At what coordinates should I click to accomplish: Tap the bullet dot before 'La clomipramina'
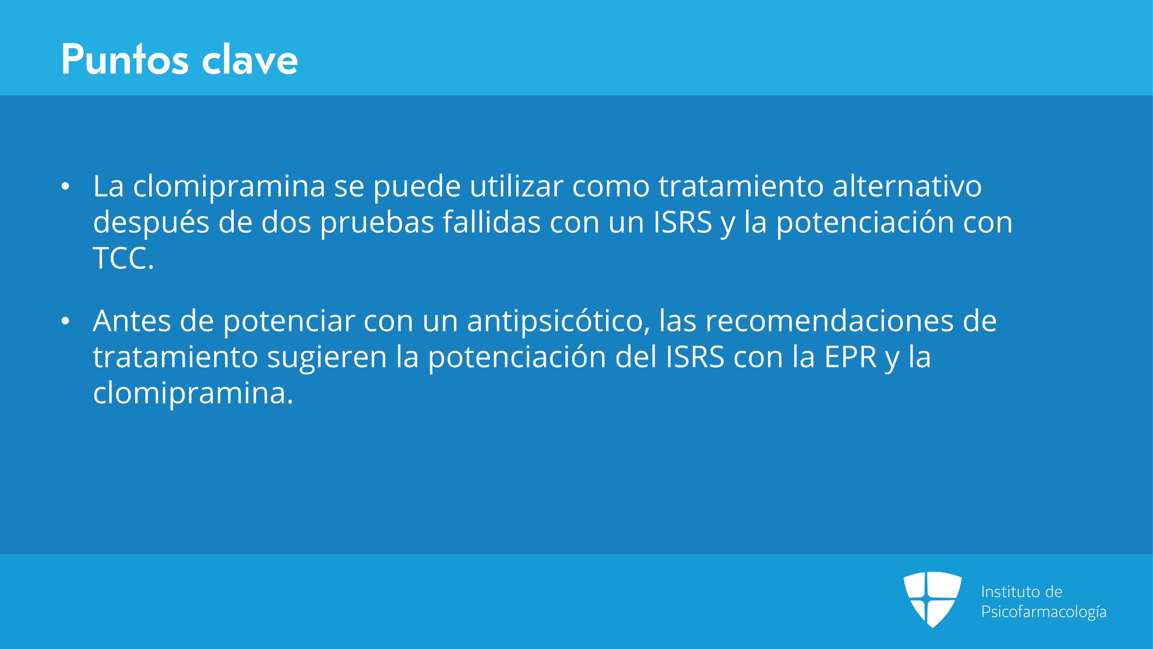pyautogui.click(x=65, y=187)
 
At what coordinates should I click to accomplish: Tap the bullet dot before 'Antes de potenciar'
pyautogui.click(x=65, y=322)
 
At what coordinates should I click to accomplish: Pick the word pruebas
pyautogui.click(x=377, y=223)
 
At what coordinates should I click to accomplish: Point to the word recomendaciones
pyautogui.click(x=829, y=321)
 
